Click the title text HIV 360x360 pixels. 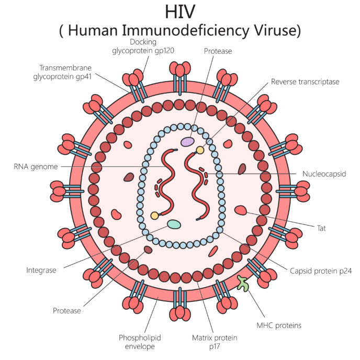(x=180, y=12)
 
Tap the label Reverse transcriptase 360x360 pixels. (x=305, y=82)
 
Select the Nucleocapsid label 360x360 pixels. (x=324, y=174)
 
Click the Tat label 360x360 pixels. (x=321, y=228)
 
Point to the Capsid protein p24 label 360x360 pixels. (x=321, y=271)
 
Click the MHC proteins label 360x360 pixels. (x=279, y=325)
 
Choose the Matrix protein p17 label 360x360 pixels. (x=215, y=342)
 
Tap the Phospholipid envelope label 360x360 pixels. (x=140, y=342)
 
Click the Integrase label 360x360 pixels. (x=41, y=270)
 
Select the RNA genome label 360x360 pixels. (x=36, y=167)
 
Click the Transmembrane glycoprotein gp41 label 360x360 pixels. (x=62, y=72)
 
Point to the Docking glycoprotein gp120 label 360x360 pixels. (x=143, y=46)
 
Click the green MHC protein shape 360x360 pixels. (x=243, y=284)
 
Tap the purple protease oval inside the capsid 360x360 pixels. (x=187, y=142)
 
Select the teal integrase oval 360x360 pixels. (x=174, y=224)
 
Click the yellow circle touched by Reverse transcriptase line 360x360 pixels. (x=200, y=150)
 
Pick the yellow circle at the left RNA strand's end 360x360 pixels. (x=154, y=216)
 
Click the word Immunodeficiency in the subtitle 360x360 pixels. (x=185, y=30)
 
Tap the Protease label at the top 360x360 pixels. (x=218, y=51)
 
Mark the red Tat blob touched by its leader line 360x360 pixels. (x=241, y=210)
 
